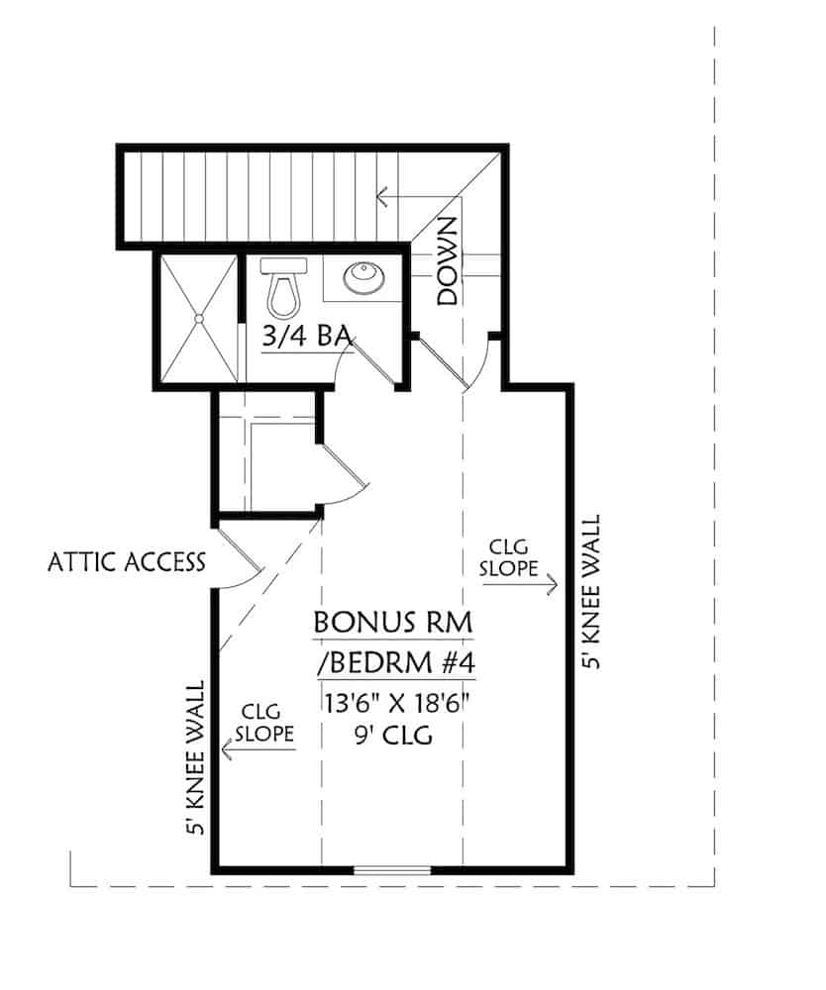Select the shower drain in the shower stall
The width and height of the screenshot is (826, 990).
(x=198, y=319)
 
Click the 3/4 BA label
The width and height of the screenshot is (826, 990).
(x=307, y=337)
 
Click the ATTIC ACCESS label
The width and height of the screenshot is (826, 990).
(x=126, y=562)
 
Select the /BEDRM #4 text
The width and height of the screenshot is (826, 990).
(x=394, y=661)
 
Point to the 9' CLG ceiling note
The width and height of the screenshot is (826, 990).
(x=394, y=737)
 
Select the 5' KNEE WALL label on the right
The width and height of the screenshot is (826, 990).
(x=591, y=592)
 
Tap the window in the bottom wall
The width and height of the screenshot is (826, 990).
(x=392, y=871)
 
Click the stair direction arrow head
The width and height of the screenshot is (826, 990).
(x=382, y=197)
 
